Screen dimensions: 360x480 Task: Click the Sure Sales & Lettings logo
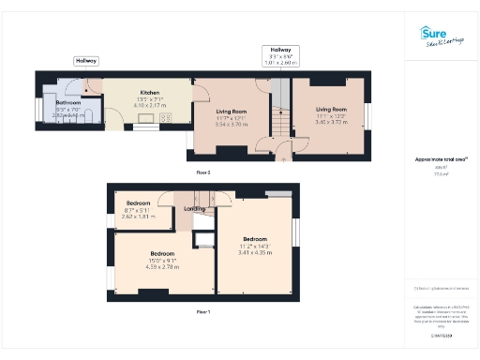click(x=440, y=37)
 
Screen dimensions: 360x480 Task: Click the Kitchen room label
click(x=150, y=93)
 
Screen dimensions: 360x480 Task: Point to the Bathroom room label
click(x=67, y=103)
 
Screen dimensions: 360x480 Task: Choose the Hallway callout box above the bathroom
click(x=85, y=60)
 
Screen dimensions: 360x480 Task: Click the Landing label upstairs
click(x=195, y=208)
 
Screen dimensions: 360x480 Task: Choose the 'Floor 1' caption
click(x=203, y=310)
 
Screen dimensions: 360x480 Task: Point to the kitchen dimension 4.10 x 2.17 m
click(x=150, y=106)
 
